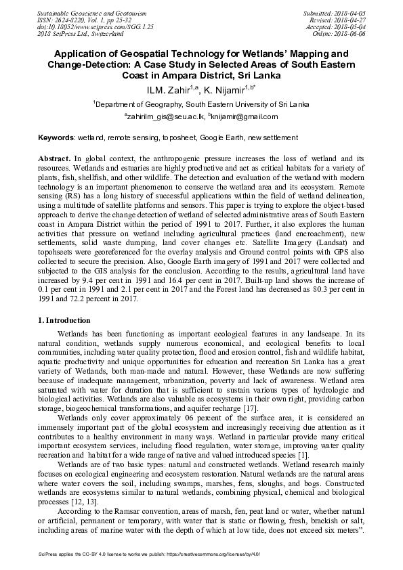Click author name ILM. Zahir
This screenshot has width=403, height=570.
pos(163,89)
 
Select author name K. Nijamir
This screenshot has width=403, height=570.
pos(228,89)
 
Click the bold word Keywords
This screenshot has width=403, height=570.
pos(56,137)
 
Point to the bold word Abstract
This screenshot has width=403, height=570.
pos(55,157)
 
